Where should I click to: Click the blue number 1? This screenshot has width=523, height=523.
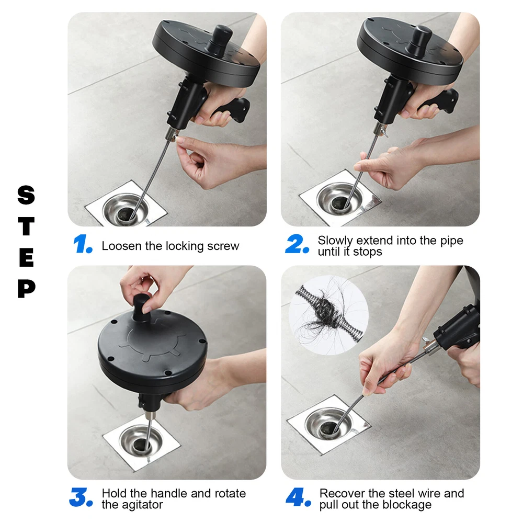pos(82,244)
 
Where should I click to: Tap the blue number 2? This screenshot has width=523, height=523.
pos(297,244)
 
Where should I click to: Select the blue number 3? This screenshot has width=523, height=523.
pos(81,497)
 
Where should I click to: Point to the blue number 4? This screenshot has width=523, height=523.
pos(298,497)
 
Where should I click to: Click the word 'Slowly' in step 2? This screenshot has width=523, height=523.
pos(335,241)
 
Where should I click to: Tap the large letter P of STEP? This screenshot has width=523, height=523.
pos(26,289)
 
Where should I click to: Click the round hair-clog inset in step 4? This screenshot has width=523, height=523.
pos(328,315)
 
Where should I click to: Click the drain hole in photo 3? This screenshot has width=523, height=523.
pos(141,445)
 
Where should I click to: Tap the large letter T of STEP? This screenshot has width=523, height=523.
pos(26,226)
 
